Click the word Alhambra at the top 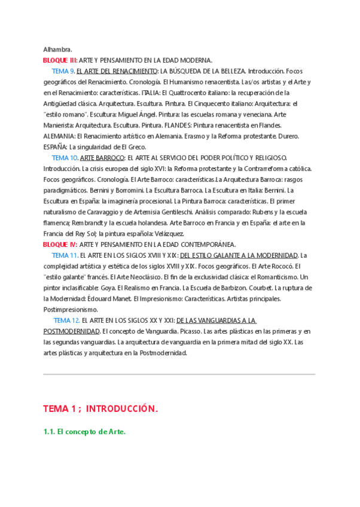(57, 49)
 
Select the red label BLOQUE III (60, 60)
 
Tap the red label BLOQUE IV (60, 245)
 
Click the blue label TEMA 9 (63, 71)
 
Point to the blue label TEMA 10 (65, 158)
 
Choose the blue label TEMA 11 (65, 255)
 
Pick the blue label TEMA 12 (66, 320)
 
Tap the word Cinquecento (206, 103)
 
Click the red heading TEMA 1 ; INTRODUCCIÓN (100, 409)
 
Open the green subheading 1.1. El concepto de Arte (84, 432)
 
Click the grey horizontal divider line (179, 375)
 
